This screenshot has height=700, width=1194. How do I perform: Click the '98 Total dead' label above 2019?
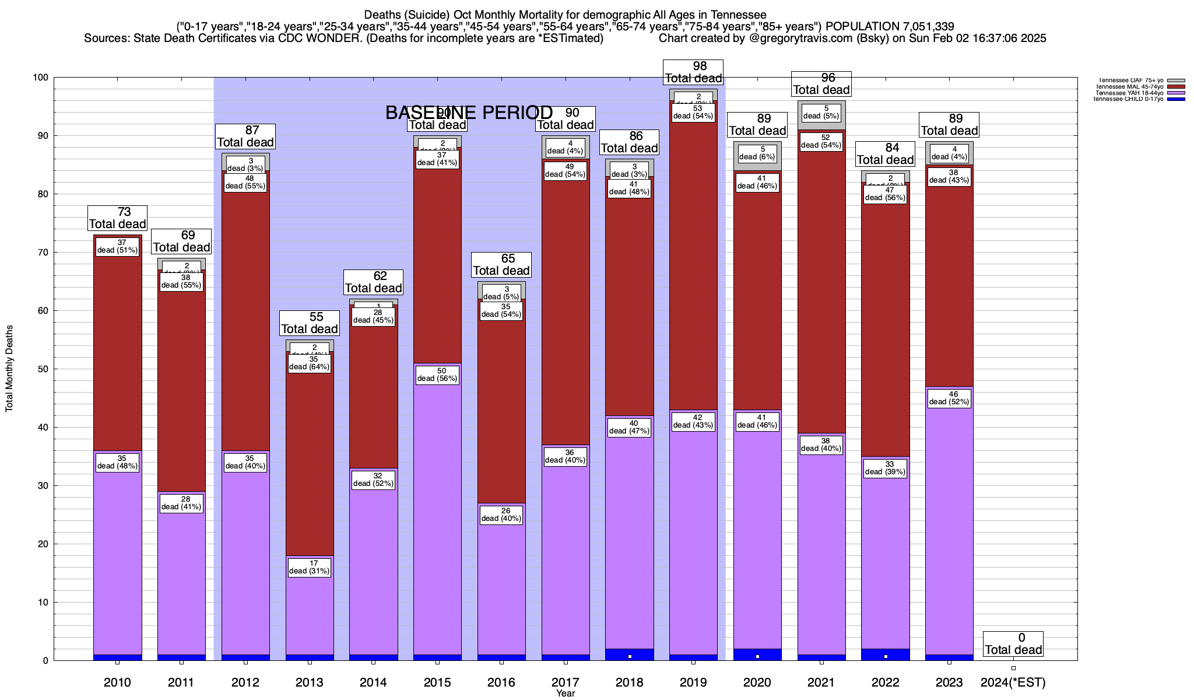[693, 72]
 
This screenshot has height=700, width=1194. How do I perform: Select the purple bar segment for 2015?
[437, 513]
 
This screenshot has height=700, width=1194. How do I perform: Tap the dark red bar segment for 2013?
[310, 467]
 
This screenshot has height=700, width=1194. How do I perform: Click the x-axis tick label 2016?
[501, 682]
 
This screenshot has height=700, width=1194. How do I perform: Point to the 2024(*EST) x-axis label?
[1013, 682]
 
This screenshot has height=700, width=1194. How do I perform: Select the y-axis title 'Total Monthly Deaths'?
[9, 369]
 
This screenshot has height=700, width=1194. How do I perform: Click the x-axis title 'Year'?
[565, 694]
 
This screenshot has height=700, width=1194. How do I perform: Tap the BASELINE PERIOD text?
[469, 113]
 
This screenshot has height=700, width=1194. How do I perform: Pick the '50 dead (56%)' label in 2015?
[437, 375]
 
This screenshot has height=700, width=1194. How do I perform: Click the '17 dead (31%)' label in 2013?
[310, 568]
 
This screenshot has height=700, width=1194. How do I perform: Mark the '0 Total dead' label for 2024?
[1013, 644]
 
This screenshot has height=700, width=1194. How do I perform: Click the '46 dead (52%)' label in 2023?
[949, 398]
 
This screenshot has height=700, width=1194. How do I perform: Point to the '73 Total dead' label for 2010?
[117, 218]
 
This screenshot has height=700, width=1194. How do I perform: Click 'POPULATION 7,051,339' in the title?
[890, 26]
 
